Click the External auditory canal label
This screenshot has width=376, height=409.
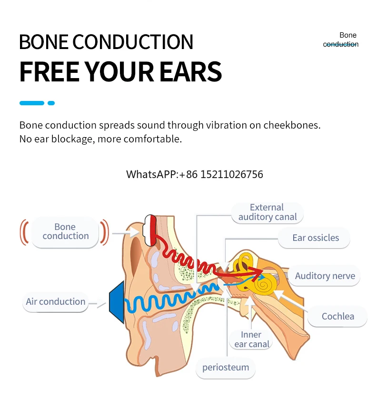pyautogui.click(x=267, y=212)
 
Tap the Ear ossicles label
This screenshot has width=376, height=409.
pyautogui.click(x=315, y=238)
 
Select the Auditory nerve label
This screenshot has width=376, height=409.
pyautogui.click(x=325, y=276)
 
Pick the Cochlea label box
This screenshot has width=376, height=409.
pyautogui.click(x=337, y=316)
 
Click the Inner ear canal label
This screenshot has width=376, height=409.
pyautogui.click(x=251, y=339)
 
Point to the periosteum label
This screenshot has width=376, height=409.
pyautogui.click(x=225, y=367)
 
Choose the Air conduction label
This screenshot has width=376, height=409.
pyautogui.click(x=56, y=302)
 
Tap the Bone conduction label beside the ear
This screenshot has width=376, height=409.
pyautogui.click(x=65, y=231)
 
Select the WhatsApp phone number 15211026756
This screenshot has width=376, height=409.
pyautogui.click(x=231, y=174)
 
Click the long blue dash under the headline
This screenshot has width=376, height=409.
pyautogui.click(x=31, y=103)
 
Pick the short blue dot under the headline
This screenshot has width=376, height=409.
pyautogui.click(x=51, y=103)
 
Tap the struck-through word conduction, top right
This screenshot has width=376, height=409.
pyautogui.click(x=340, y=44)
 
